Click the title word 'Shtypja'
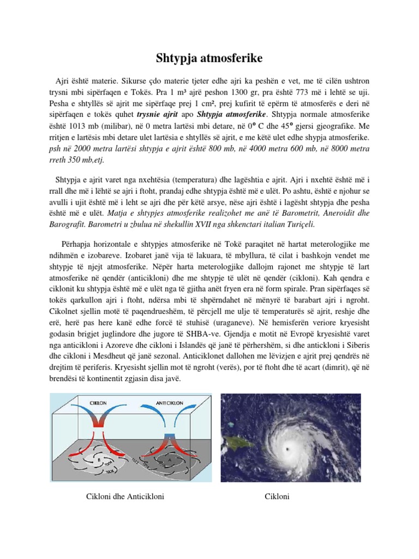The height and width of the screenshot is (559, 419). click(x=171, y=56)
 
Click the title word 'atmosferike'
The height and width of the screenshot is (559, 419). click(x=232, y=56)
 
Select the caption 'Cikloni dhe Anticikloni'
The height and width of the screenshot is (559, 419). click(x=125, y=496)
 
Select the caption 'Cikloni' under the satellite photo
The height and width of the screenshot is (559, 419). click(x=277, y=496)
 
